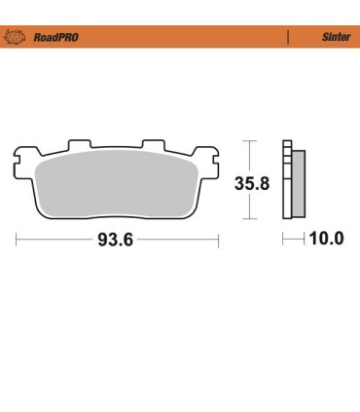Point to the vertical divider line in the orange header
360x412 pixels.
click(288, 37)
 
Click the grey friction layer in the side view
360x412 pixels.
click(299, 185)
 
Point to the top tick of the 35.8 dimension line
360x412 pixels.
click(252, 141)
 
